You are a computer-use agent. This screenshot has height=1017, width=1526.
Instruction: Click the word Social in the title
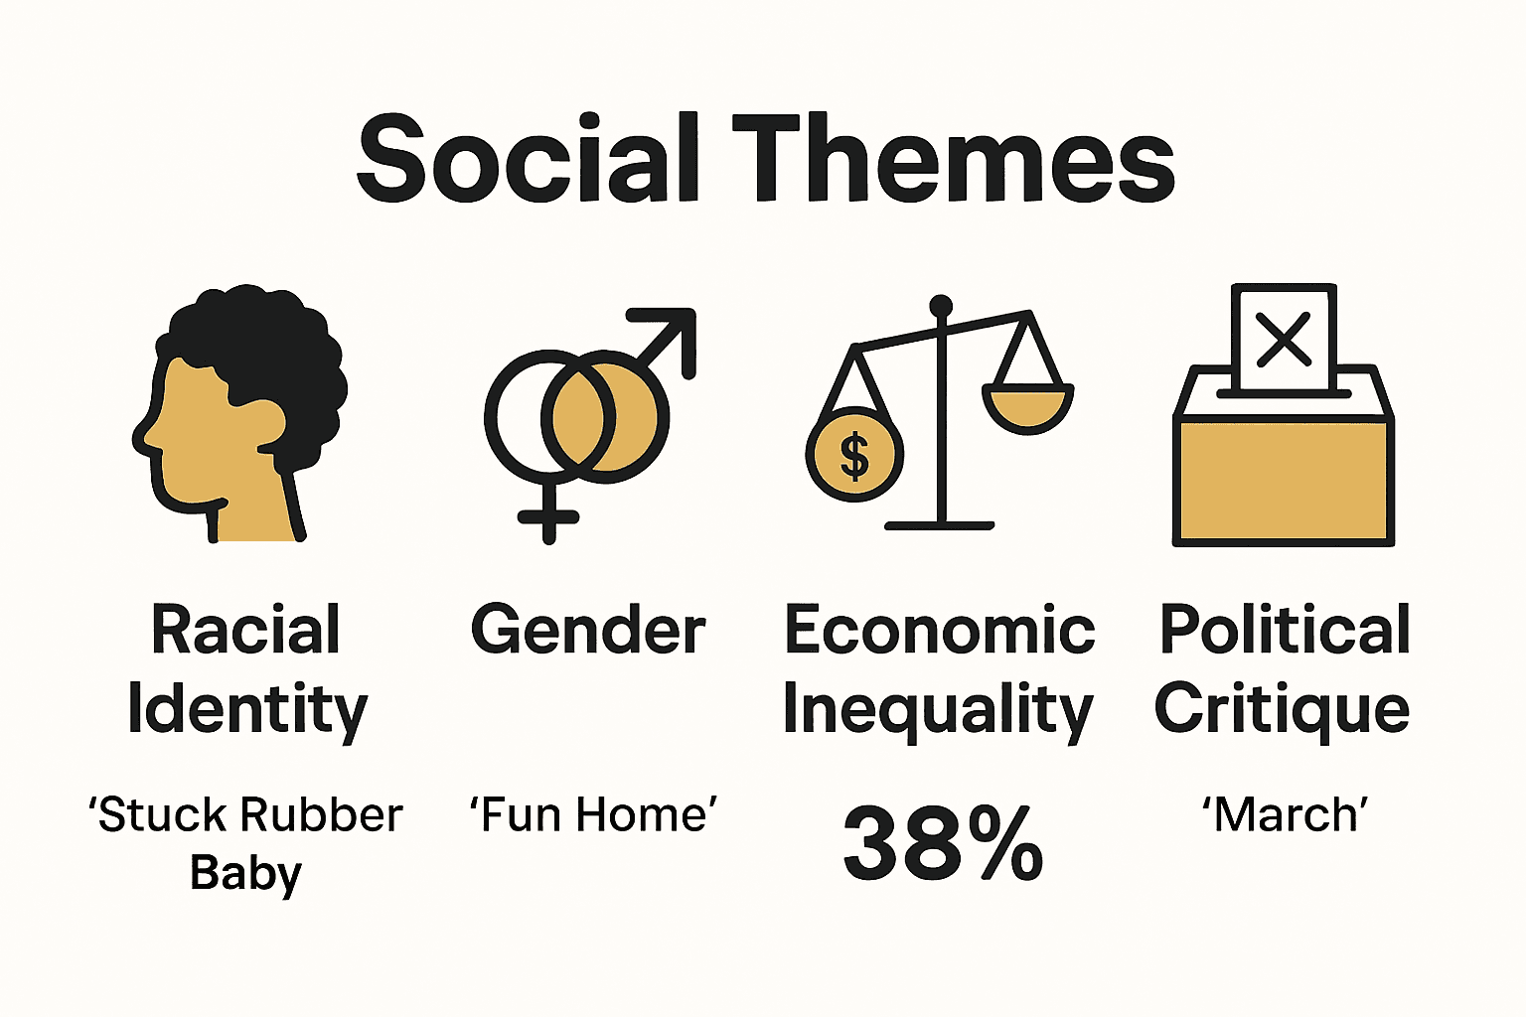(528, 159)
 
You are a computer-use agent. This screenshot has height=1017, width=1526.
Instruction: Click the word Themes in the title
(954, 159)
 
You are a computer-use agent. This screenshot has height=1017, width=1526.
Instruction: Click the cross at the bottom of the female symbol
(548, 516)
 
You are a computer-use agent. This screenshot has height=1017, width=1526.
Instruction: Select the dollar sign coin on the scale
(854, 455)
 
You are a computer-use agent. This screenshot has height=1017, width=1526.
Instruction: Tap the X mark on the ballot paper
(1284, 339)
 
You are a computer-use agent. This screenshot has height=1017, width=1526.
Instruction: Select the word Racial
(245, 630)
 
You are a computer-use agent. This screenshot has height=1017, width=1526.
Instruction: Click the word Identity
(247, 709)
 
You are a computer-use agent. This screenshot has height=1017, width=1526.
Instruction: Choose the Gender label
(588, 630)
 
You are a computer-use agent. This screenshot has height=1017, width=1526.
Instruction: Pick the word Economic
(939, 630)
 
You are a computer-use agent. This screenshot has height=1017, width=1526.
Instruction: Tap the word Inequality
(938, 709)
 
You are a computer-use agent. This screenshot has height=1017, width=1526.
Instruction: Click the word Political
(1285, 630)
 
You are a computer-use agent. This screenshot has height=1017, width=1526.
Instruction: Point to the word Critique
(1282, 709)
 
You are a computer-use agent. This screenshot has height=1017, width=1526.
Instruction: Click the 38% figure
(942, 844)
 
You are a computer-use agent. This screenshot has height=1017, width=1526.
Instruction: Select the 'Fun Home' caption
(593, 814)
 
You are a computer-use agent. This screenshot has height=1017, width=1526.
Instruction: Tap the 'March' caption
(1285, 814)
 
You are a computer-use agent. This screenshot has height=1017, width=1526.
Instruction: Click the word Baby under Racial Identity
(245, 874)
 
